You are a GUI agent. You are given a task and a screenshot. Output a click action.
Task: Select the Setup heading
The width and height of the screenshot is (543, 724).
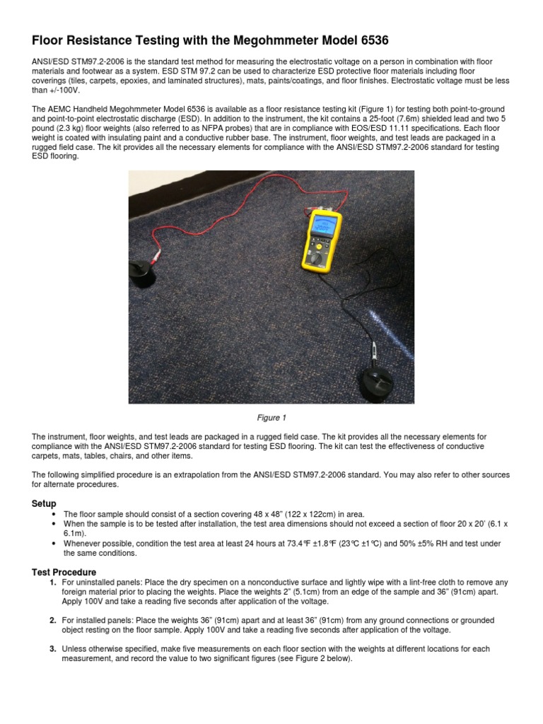(44, 503)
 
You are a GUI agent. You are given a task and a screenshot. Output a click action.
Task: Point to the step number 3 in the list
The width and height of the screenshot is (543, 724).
(52, 648)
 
